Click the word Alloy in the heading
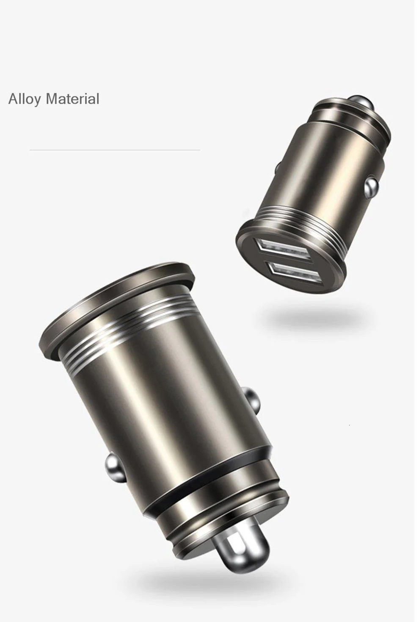pos(25,99)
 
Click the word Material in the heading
pos(73,99)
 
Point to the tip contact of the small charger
pos(361,101)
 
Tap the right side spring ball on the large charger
pos(253,400)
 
